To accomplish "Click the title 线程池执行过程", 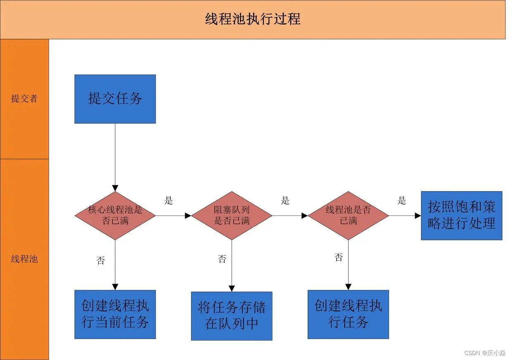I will (x=253, y=19).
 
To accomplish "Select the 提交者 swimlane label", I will (x=24, y=99).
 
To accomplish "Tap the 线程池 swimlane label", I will (x=24, y=259).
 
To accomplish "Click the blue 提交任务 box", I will (x=115, y=99).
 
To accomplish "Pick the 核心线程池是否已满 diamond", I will (x=115, y=215).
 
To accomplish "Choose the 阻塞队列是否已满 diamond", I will (x=232, y=215).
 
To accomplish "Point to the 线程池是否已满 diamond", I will (x=348, y=215).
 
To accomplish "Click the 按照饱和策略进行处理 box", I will (x=461, y=215).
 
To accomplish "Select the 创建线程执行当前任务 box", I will (x=115, y=314).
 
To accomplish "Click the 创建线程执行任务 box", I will (x=348, y=314).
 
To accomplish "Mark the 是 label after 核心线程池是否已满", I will (x=168, y=201).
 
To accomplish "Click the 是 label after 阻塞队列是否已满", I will (x=285, y=201).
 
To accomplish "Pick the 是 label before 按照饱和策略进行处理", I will (x=402, y=201).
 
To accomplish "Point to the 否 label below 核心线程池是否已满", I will (x=101, y=261).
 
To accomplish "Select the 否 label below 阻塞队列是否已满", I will (x=222, y=259).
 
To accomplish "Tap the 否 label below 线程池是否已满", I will (x=339, y=258).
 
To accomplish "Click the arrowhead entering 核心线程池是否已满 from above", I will (x=115, y=188).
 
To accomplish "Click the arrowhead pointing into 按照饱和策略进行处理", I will (x=418, y=216).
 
